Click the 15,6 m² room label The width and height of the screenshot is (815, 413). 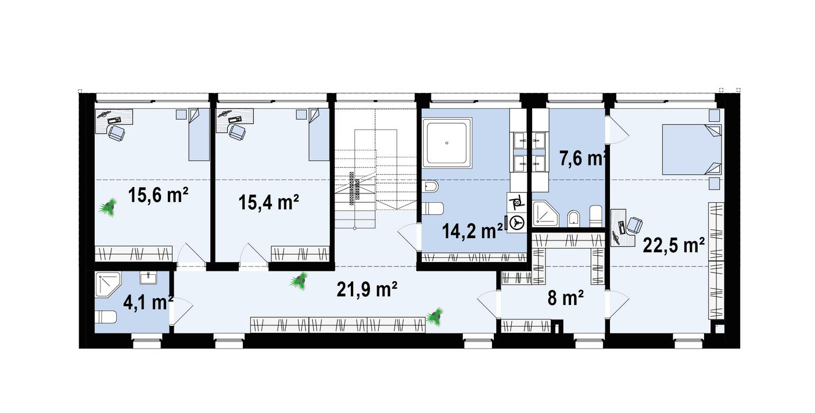(x=158, y=195)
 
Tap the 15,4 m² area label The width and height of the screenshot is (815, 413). (x=269, y=202)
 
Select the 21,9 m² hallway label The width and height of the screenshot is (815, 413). (x=367, y=289)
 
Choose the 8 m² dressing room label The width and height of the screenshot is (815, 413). (x=566, y=299)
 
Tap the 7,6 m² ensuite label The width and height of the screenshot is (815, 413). (x=583, y=159)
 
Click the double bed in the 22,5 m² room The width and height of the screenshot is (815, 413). (x=691, y=149)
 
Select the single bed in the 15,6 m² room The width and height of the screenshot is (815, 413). (x=199, y=134)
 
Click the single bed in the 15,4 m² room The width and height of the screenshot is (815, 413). (x=319, y=134)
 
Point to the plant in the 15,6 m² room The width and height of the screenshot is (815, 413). (x=108, y=208)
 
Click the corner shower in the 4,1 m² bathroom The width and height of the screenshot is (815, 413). (x=108, y=285)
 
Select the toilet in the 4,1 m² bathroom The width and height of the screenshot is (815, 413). (x=106, y=317)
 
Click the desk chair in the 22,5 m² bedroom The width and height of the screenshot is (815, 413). (x=633, y=225)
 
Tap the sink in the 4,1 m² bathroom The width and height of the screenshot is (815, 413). (x=149, y=278)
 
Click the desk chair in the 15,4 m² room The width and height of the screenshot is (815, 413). (x=236, y=132)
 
